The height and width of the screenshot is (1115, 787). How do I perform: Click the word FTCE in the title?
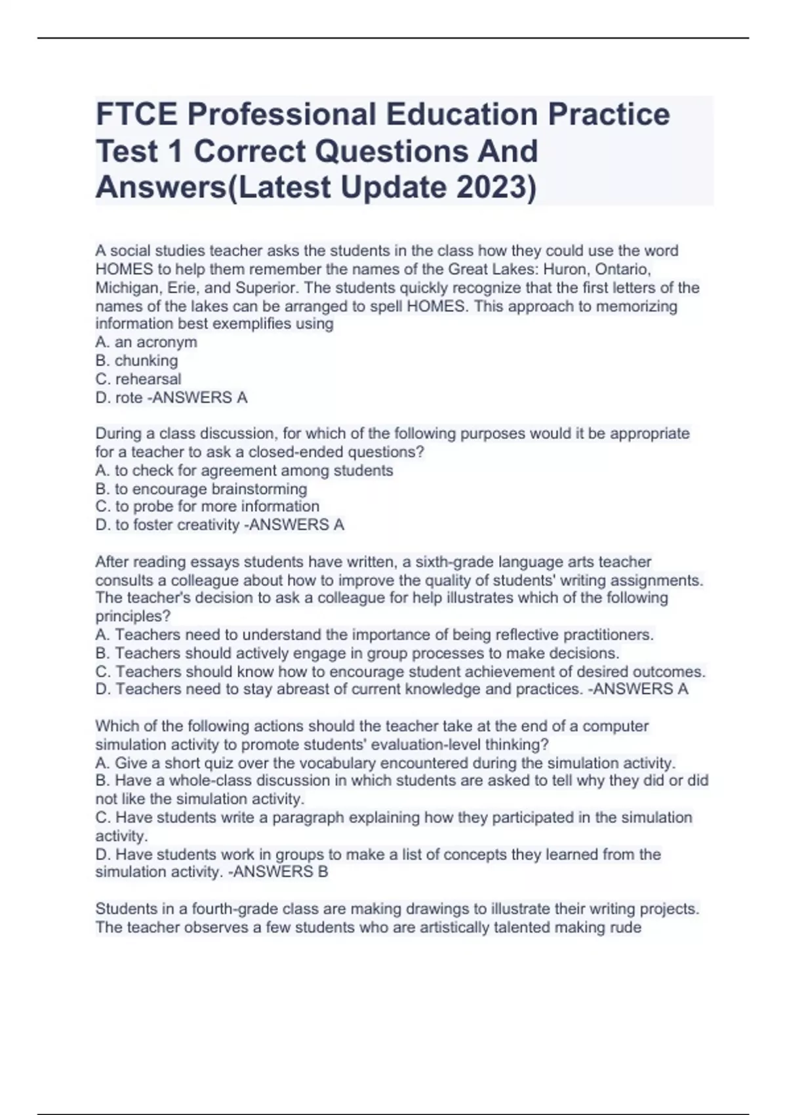pos(136,115)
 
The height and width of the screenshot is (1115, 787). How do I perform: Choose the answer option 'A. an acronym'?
pos(146,342)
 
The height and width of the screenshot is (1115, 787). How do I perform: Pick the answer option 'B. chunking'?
pos(136,361)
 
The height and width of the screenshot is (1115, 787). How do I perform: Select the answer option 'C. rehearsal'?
pos(138,379)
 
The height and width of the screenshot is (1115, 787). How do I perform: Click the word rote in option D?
pos(129,397)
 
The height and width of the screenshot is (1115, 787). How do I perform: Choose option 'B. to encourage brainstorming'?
pos(201,489)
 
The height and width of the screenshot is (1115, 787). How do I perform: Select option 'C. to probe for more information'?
pos(207,506)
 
